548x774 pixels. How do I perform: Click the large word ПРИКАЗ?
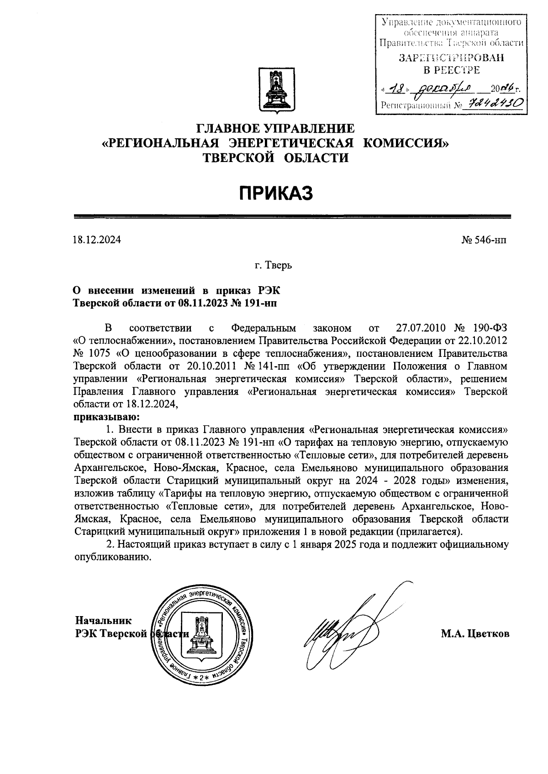coord(276,193)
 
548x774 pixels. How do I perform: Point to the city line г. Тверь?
coord(274,265)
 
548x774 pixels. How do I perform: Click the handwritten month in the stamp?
coord(437,89)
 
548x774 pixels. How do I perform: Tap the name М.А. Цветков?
coord(475,634)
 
